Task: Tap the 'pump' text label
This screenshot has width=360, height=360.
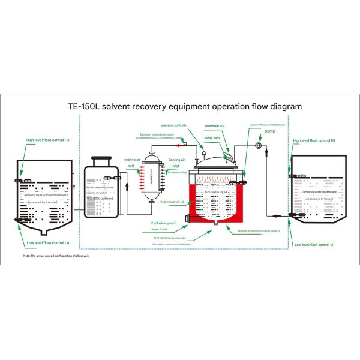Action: (x=269, y=130)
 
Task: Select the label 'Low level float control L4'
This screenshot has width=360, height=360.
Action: (x=47, y=242)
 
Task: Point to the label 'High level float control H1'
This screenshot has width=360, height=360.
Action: (x=313, y=142)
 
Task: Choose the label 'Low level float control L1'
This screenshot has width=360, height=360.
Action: (x=314, y=244)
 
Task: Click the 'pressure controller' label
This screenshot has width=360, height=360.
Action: (x=175, y=125)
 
